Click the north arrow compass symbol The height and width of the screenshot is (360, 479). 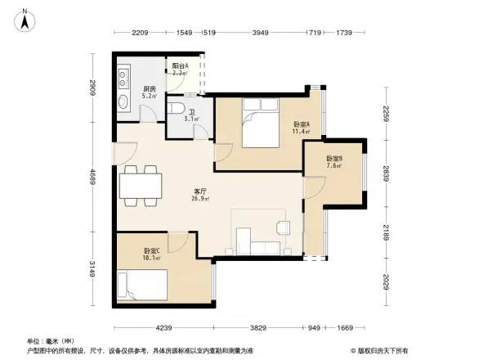pos(25,19)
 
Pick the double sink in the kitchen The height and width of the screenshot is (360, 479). pos(123,79)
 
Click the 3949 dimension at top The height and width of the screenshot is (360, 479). pos(260,33)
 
